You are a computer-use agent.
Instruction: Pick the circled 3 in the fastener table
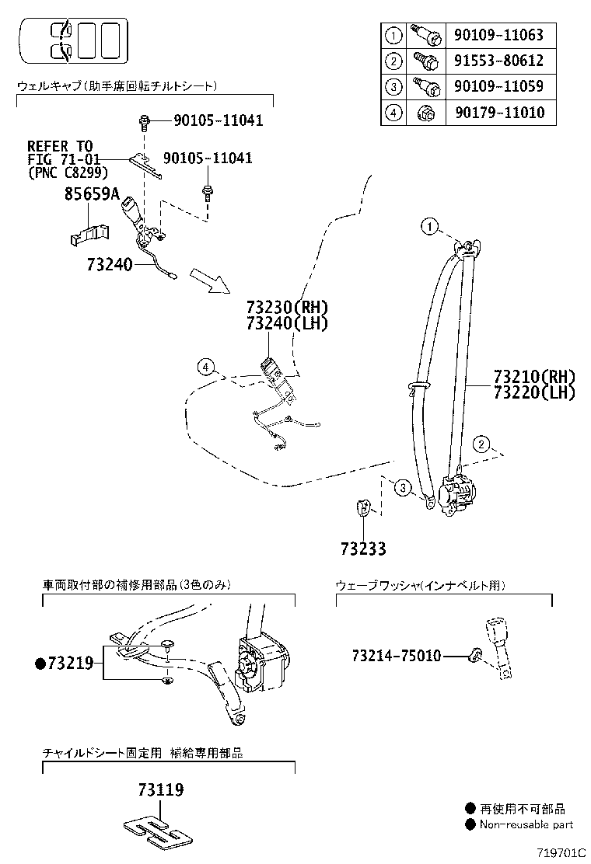(394, 86)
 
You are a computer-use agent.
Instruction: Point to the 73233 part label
(362, 549)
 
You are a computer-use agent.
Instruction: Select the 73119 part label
(161, 790)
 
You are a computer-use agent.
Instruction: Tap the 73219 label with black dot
(65, 663)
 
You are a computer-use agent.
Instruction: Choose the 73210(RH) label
(533, 377)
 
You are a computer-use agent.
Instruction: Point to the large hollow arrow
(210, 280)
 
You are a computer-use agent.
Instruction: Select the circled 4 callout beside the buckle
(205, 368)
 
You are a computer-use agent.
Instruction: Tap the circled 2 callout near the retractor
(482, 444)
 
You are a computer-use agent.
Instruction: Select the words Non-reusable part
(526, 824)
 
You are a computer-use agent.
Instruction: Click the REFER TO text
(60, 146)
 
